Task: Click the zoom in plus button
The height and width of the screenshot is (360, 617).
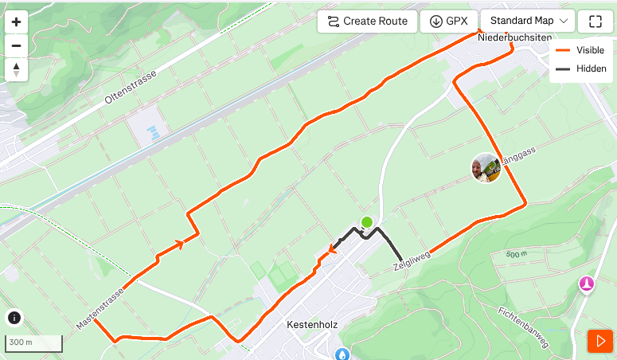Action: click(x=16, y=22)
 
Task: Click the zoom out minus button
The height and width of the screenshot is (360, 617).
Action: click(x=16, y=46)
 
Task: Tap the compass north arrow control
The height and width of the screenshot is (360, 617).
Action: click(x=16, y=70)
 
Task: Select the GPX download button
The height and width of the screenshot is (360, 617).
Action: click(x=449, y=22)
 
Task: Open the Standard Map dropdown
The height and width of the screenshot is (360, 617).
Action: click(x=528, y=22)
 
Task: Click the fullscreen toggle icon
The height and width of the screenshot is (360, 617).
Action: click(x=596, y=22)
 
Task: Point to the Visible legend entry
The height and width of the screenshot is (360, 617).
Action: click(x=581, y=49)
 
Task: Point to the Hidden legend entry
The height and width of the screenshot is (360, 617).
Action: click(x=581, y=68)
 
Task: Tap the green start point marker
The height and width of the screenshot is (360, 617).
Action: click(x=366, y=222)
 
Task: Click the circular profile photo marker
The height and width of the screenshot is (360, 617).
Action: click(x=486, y=167)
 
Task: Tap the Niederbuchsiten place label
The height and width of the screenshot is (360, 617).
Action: click(x=515, y=37)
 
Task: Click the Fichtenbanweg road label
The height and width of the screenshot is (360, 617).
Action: click(x=523, y=327)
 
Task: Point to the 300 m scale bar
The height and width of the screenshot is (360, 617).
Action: click(x=33, y=343)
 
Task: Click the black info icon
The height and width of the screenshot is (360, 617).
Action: click(x=14, y=318)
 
